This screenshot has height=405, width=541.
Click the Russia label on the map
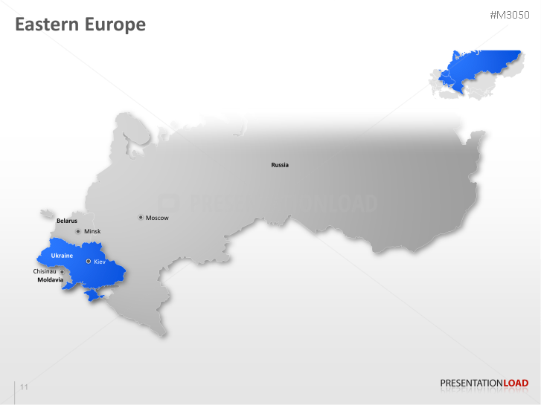click(280, 165)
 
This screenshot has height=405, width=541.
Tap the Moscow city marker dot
click(141, 218)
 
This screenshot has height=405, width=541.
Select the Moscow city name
click(157, 218)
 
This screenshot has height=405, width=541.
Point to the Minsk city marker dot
click(78, 232)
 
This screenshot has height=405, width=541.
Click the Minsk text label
click(92, 232)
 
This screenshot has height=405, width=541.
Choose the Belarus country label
click(67, 221)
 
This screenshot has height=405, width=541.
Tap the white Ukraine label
click(62, 256)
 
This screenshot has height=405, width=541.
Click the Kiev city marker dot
click(89, 262)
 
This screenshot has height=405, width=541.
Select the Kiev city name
click(100, 262)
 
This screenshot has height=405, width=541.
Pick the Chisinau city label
click(45, 271)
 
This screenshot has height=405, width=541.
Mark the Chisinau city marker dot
click(62, 272)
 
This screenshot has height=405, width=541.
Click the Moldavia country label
click(50, 280)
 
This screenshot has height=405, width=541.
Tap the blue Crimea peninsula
click(92, 297)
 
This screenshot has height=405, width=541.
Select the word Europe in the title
click(115, 25)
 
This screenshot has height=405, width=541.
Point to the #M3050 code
click(509, 16)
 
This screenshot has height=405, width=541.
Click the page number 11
click(25, 387)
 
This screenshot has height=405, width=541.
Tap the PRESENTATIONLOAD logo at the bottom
click(484, 383)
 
